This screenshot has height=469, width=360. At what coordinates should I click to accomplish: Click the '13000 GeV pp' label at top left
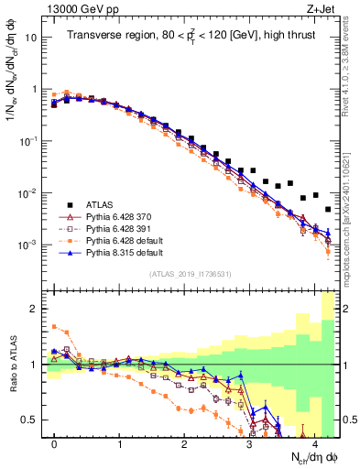pos(76,9)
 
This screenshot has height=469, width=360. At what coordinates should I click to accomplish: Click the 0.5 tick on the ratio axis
pos(33,420)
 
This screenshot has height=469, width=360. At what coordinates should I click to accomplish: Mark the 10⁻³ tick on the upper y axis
pos(29,245)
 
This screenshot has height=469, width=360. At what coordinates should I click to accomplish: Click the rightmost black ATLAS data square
pos(328,210)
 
